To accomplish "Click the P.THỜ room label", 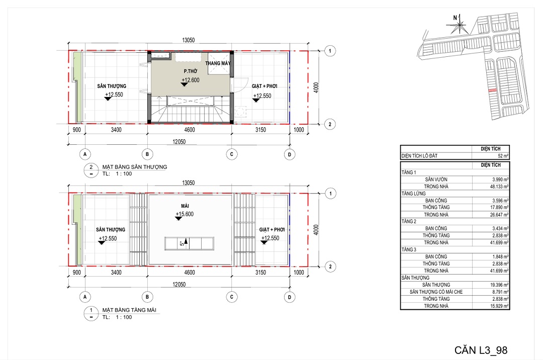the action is [191, 71].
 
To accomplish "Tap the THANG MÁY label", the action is [218, 63].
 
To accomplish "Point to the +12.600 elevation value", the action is [191, 80].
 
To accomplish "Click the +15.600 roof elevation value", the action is [185, 214].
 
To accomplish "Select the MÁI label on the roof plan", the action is [185, 206].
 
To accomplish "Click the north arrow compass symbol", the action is [459, 24].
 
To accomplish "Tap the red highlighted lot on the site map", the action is [492, 91].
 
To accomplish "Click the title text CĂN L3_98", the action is [481, 350].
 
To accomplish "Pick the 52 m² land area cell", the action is [503, 156].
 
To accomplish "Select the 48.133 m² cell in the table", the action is [499, 186].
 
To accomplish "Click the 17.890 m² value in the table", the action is [499, 207].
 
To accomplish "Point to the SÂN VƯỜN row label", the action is [436, 179].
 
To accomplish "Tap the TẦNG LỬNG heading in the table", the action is [413, 194].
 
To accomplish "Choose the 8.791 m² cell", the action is [500, 292].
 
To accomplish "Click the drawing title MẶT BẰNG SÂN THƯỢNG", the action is [135, 167].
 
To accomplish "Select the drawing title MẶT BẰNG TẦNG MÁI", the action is [129, 310].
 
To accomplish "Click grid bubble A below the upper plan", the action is [85, 154].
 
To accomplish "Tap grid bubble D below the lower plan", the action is [290, 297].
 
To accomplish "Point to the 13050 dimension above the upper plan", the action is [189, 40].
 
